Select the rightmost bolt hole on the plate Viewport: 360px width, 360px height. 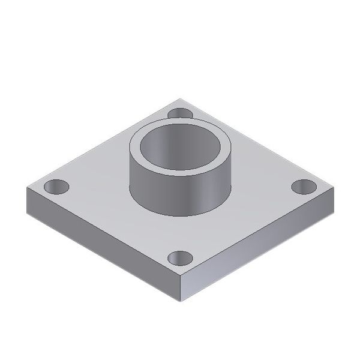[304, 187]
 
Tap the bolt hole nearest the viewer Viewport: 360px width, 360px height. [180, 259]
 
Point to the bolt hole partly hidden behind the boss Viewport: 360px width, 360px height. [179, 113]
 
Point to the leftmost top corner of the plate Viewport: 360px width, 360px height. [26, 188]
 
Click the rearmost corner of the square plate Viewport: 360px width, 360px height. [180, 99]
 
